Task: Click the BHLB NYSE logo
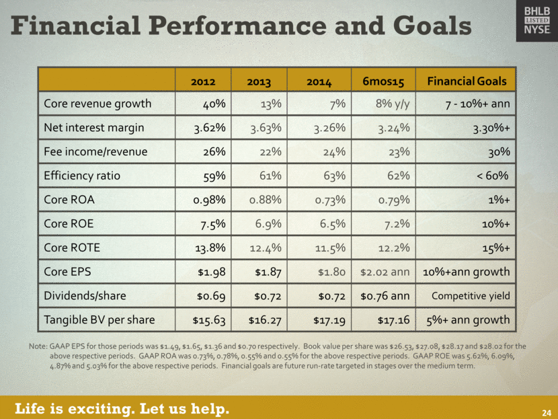(536, 21)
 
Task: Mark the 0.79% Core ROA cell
(390, 200)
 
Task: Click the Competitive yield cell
(471, 296)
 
